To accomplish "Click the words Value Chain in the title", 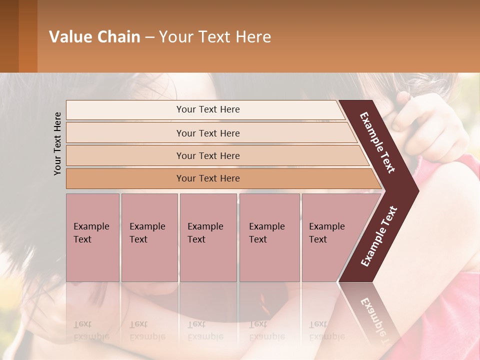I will (x=94, y=37).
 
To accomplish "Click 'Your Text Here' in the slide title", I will (x=215, y=37).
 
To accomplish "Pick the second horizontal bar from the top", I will (x=208, y=133).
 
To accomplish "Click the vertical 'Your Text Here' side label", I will (x=57, y=144).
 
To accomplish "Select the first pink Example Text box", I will (x=92, y=237).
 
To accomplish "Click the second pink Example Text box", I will (x=149, y=237).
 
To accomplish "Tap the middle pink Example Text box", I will (x=208, y=237).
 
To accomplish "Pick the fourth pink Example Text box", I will (x=269, y=237).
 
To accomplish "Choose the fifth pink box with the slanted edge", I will (x=330, y=237).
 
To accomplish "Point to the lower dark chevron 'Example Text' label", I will (x=378, y=236).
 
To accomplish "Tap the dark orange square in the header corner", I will (x=27, y=36).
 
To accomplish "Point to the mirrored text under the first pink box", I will (x=91, y=330).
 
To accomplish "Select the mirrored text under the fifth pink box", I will (x=326, y=330).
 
